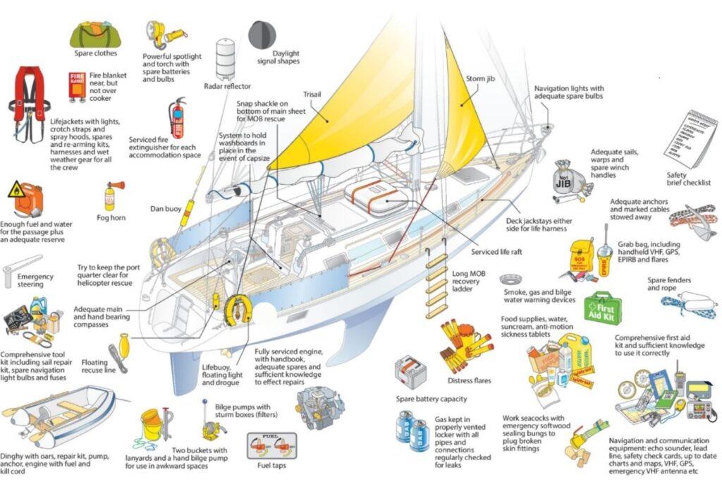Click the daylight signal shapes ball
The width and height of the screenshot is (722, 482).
[262, 35]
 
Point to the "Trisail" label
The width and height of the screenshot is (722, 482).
[312, 93]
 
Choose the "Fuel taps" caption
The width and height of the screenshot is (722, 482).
[268, 465]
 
